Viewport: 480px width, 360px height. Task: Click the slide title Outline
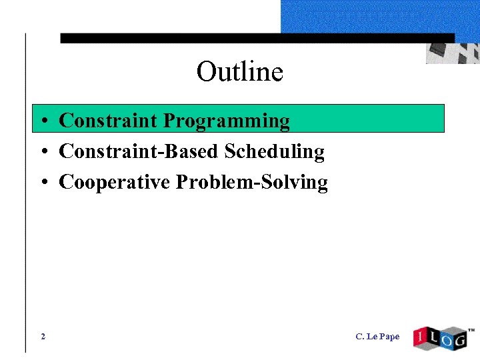(x=239, y=71)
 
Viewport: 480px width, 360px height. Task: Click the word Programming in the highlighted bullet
(x=227, y=121)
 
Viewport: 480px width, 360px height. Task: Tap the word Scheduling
(x=274, y=152)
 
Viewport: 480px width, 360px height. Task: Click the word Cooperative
(x=115, y=182)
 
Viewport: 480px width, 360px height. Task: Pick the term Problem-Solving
(x=251, y=183)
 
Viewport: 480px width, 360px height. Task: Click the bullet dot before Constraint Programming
(x=42, y=122)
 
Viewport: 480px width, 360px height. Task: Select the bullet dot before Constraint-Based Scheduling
(x=42, y=153)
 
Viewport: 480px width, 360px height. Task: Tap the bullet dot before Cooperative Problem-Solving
(x=42, y=183)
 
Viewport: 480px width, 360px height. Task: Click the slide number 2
(x=43, y=337)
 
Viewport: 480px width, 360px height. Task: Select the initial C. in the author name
(x=360, y=337)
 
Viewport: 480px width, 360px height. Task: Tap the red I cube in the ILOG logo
(x=421, y=338)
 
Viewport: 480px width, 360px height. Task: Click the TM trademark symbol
(x=471, y=330)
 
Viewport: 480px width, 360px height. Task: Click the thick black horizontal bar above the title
(x=257, y=39)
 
